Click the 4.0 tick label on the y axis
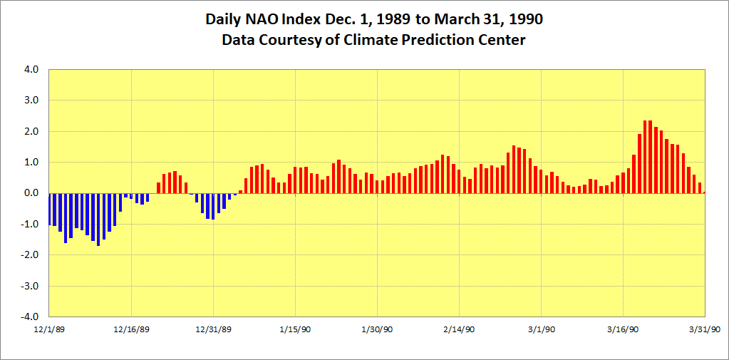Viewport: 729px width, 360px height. pyautogui.click(x=33, y=70)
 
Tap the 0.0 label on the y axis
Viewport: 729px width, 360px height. pyautogui.click(x=33, y=193)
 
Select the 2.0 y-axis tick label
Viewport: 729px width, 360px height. pyautogui.click(x=33, y=132)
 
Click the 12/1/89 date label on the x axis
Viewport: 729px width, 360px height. pyautogui.click(x=48, y=329)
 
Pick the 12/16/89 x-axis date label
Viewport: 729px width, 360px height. pyautogui.click(x=131, y=329)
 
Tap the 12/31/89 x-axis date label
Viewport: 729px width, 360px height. pyautogui.click(x=213, y=329)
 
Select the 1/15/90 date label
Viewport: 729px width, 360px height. pyautogui.click(x=295, y=329)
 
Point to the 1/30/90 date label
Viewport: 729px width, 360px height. pyautogui.click(x=378, y=329)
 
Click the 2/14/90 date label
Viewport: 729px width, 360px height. pyautogui.click(x=460, y=329)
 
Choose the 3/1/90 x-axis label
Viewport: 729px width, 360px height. pyautogui.click(x=542, y=329)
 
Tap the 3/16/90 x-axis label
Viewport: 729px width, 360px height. pyautogui.click(x=624, y=329)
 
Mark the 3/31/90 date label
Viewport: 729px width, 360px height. pyautogui.click(x=705, y=329)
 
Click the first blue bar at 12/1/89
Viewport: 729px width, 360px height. pyautogui.click(x=49, y=209)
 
